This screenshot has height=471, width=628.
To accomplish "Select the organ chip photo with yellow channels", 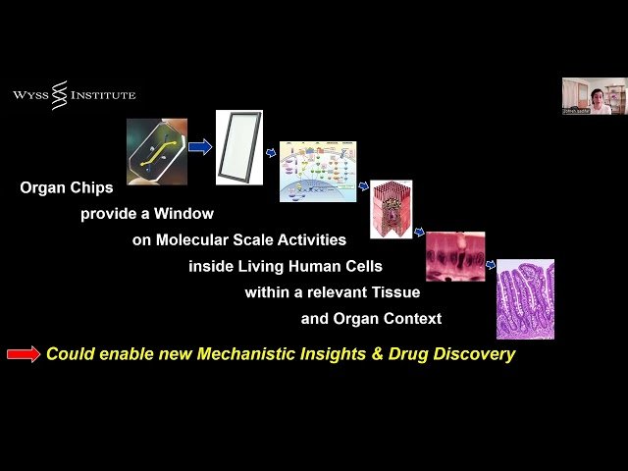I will tap(157, 152).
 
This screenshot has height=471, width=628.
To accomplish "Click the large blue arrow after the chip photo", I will tap(200, 147).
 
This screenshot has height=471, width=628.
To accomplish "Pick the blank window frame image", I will tap(239, 147).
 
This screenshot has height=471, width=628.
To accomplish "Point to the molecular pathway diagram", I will tap(318, 171).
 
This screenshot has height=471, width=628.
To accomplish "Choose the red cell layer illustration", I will tap(391, 211).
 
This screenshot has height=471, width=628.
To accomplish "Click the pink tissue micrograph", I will tap(454, 256).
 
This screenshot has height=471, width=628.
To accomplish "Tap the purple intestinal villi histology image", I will tap(525, 299).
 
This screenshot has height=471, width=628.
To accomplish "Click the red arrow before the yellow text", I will tap(24, 354).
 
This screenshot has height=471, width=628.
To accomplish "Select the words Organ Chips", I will tap(66, 186).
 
